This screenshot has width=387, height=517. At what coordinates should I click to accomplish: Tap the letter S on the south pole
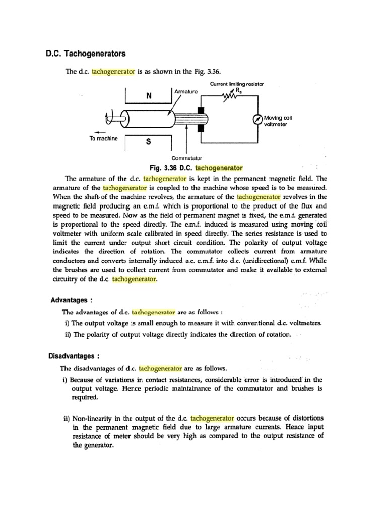pos(148,142)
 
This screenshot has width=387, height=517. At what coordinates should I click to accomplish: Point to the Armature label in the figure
pos(186,92)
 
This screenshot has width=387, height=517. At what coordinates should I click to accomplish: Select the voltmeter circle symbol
pos(257,119)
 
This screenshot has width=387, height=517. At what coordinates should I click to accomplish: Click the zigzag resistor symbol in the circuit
pos(232,96)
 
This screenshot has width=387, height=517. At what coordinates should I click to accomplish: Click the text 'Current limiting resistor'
pos(236,83)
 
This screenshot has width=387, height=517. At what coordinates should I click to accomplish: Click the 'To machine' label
pos(103,139)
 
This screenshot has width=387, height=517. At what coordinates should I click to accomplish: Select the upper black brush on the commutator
pos(200,110)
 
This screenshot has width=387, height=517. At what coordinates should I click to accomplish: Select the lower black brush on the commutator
pos(200,128)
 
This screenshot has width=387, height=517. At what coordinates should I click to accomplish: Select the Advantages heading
pos(72,300)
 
